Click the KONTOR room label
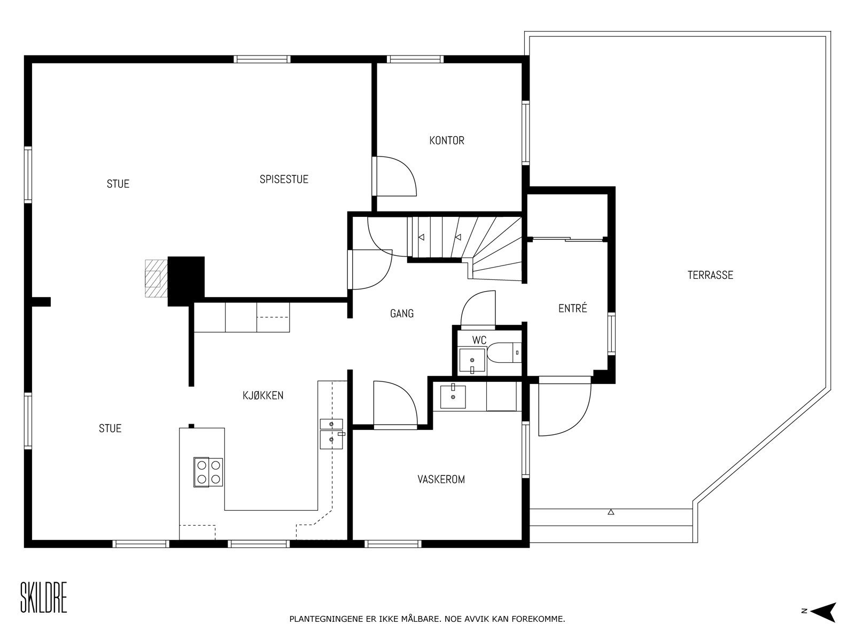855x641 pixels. (x=446, y=140)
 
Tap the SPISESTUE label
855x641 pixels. (x=284, y=179)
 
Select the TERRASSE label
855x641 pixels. (x=710, y=275)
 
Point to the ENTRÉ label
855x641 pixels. (x=572, y=308)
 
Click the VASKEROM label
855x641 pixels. (x=441, y=480)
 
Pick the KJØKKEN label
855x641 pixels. (x=263, y=395)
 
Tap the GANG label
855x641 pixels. (x=402, y=314)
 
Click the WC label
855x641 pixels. (x=479, y=340)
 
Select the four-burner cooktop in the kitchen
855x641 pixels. (x=208, y=472)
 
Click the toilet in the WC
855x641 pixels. (x=504, y=353)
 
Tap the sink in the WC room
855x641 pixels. (x=472, y=361)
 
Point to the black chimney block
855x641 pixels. (x=186, y=281)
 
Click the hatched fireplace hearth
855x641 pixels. (x=157, y=279)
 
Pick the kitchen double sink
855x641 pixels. (x=331, y=434)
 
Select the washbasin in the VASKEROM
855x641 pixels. (x=453, y=396)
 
